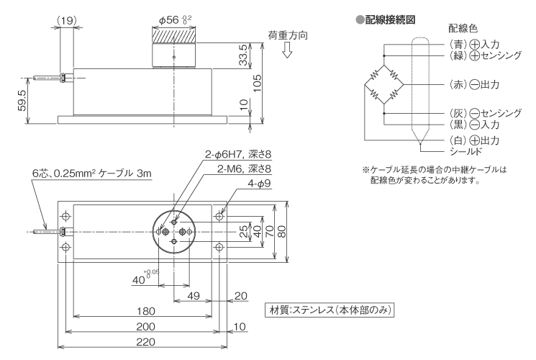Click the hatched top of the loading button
pos(173,34)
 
